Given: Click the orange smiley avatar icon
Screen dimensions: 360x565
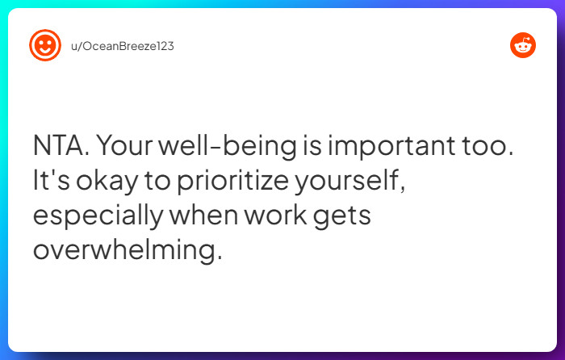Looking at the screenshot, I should [x=45, y=45].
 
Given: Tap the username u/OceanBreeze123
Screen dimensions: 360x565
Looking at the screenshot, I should [x=122, y=46].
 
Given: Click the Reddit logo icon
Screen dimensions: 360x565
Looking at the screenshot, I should [x=523, y=45].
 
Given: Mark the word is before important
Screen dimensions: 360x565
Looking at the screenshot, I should [x=309, y=148].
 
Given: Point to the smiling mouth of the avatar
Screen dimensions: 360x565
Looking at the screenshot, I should [x=45, y=51].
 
